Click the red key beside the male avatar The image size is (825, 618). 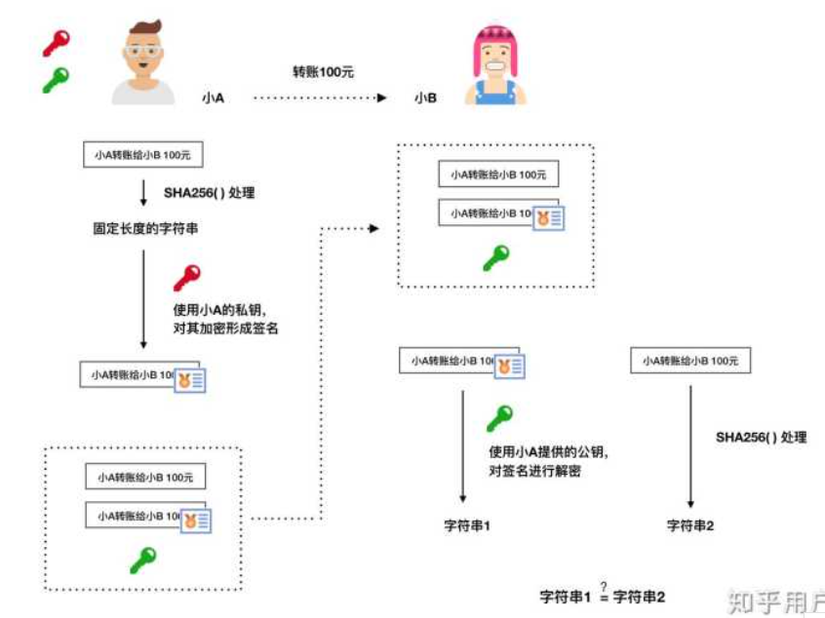[x=56, y=42]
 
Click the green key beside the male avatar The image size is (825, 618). [x=56, y=79]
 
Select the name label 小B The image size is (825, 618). [x=424, y=98]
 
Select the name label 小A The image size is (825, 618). [x=214, y=98]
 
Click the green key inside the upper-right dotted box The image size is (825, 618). [x=495, y=257]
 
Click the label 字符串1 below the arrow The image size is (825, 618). [x=467, y=525]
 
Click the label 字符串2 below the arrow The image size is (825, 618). [x=690, y=525]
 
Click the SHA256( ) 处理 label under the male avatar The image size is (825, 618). [x=209, y=193]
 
